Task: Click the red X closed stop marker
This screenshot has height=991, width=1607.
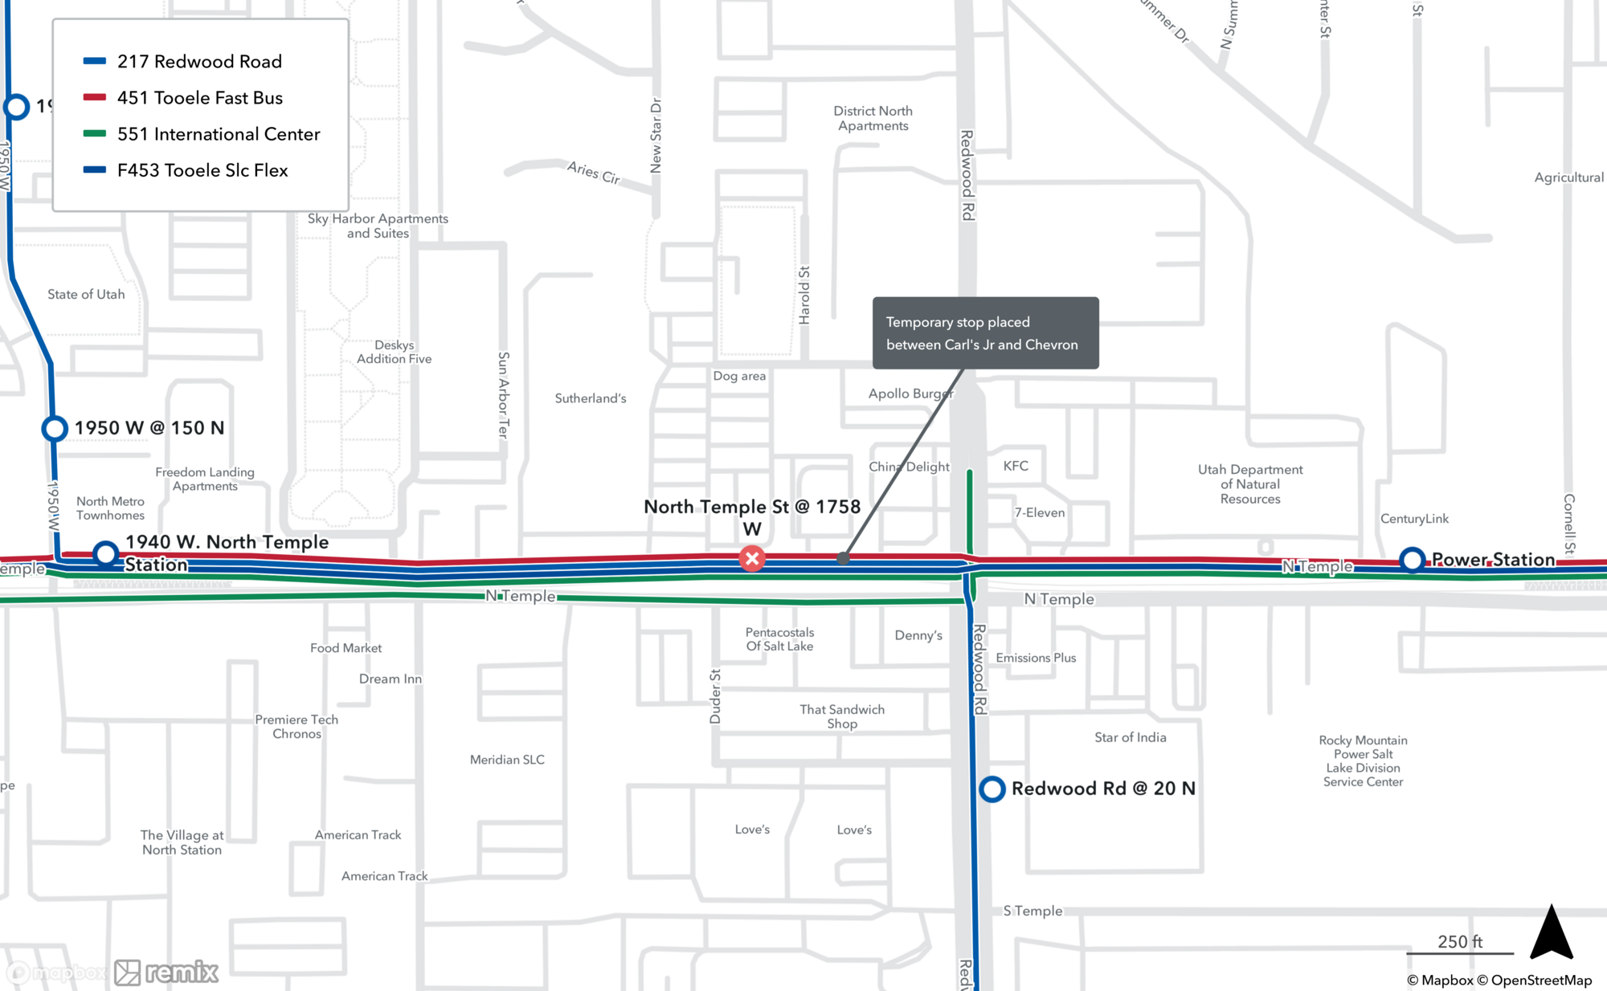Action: pos(752,559)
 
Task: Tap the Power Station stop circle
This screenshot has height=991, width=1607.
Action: pos(1412,560)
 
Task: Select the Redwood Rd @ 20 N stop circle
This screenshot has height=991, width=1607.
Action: pos(992,789)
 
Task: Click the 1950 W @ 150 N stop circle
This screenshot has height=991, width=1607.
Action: pos(55,428)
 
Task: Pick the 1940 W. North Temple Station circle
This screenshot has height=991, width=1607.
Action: pos(105,553)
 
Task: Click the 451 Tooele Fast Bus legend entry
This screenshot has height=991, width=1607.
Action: pos(199,98)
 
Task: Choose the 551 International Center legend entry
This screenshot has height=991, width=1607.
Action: pos(218,134)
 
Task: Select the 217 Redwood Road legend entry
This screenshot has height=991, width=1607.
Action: pos(199,62)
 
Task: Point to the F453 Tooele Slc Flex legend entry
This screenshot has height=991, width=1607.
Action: pos(202,170)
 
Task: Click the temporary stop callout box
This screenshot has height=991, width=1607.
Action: pos(985,333)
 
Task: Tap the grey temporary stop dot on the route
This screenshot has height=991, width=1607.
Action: pos(843,558)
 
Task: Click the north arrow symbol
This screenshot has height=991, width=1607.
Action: pos(1551,932)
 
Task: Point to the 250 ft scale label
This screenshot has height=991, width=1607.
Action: pos(1459,941)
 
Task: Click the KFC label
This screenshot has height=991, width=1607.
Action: pos(1016,466)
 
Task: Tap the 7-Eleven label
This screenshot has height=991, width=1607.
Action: pos(1039,512)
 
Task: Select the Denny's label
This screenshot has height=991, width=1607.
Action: pos(918,635)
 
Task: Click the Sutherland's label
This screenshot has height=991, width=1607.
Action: pos(590,398)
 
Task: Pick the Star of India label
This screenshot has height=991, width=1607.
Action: pos(1130,737)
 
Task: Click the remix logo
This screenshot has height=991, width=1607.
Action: pos(166,973)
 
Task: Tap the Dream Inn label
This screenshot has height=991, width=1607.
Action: pos(390,679)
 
